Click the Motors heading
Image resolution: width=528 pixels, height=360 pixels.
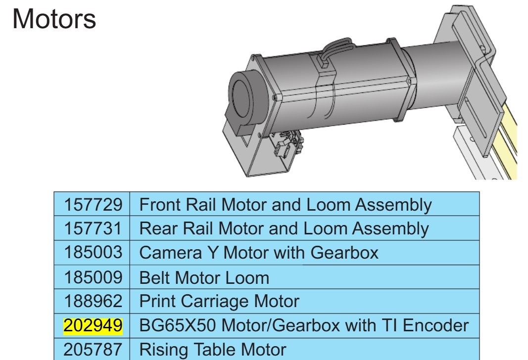click(54, 19)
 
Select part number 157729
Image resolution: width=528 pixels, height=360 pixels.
click(93, 205)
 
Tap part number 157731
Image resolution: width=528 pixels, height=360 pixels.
click(93, 228)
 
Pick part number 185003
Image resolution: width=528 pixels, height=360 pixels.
click(93, 252)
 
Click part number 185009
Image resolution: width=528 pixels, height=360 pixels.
click(93, 277)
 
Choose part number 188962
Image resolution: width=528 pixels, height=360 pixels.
click(93, 301)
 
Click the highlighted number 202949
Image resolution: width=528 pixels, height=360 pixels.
click(93, 326)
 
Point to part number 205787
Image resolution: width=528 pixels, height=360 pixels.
click(93, 350)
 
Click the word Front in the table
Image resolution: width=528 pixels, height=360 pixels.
click(161, 205)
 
